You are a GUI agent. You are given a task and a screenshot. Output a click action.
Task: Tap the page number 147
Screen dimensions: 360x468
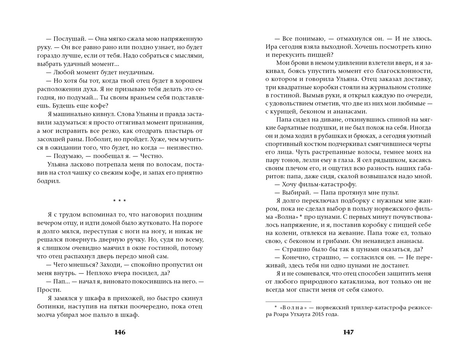pyautogui.click(x=348, y=332)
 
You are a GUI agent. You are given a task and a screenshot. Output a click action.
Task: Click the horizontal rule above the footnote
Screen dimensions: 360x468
pyautogui.click(x=288, y=301)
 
